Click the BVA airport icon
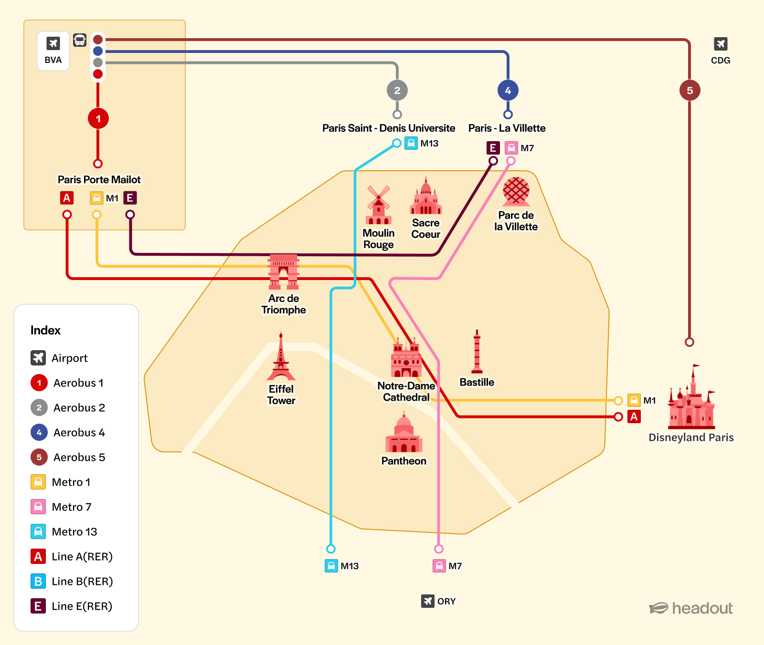[53, 44]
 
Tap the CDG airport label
[720, 61]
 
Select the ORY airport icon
[427, 601]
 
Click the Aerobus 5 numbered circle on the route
[690, 91]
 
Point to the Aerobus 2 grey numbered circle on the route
[397, 91]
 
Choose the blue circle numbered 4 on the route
[508, 91]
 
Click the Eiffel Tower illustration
[281, 358]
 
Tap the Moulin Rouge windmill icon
[379, 205]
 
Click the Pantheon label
[403, 461]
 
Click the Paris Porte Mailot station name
[99, 180]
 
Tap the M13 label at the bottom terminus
[349, 566]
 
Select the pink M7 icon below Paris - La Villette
[511, 148]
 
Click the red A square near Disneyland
[634, 416]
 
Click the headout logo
[690, 608]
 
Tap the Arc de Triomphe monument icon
[284, 272]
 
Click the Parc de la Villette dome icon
[516, 191]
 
